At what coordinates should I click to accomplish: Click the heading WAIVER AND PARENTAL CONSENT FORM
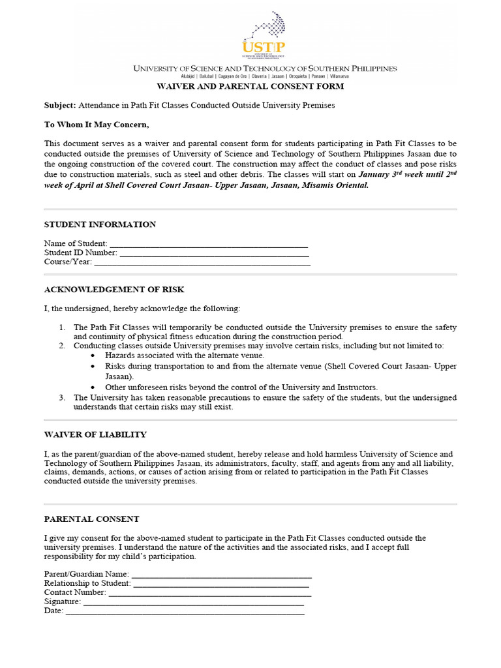(x=249, y=87)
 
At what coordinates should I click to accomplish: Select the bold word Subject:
(x=60, y=105)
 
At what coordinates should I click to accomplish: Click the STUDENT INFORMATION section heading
(x=100, y=224)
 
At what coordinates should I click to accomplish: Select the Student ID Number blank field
(x=214, y=254)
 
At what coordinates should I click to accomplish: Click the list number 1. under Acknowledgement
(x=62, y=327)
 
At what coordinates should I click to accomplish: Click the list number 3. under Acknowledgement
(x=62, y=397)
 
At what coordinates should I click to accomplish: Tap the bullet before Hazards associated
(x=93, y=356)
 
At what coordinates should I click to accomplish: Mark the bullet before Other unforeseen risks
(x=93, y=387)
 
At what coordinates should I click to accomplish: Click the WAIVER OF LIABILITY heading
(x=95, y=434)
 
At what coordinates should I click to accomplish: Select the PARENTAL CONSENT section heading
(x=91, y=519)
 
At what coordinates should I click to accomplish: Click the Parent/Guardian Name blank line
(x=221, y=575)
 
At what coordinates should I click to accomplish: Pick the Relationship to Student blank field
(x=221, y=584)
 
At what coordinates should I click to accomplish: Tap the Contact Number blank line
(x=209, y=593)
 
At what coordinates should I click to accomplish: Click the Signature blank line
(x=193, y=602)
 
